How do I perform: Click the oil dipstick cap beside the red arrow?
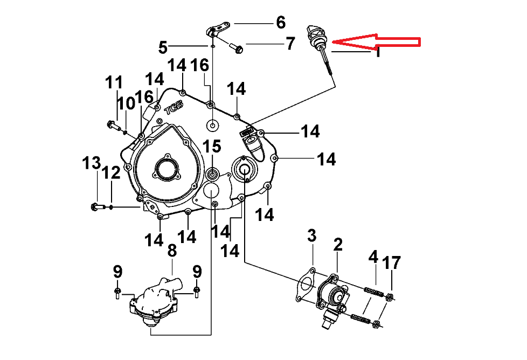point(314,34)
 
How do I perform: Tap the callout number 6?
point(281,23)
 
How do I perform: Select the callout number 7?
point(290,43)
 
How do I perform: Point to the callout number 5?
point(163,47)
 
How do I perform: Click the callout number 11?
point(114,84)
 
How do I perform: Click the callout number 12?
point(112,173)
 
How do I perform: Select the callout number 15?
point(212,146)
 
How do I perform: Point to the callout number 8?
point(172,251)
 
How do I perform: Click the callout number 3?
point(312,236)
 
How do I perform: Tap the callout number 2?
point(338,245)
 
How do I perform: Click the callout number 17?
point(392,263)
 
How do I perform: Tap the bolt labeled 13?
point(94,206)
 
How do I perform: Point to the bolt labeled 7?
point(236,48)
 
